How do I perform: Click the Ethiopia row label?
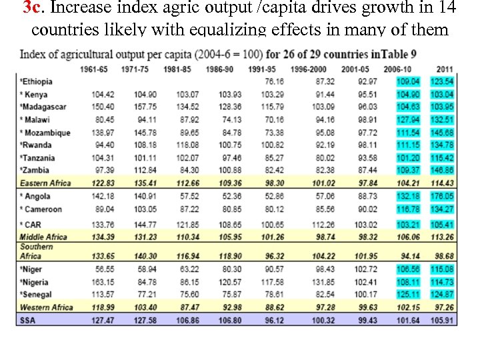click(x=37, y=81)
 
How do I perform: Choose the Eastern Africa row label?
click(x=46, y=183)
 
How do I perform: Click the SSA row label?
click(x=28, y=320)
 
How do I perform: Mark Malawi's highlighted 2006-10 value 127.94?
click(x=407, y=120)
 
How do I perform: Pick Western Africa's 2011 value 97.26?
click(x=443, y=307)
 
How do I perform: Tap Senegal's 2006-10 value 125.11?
click(x=407, y=295)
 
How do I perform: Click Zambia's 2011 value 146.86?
click(x=442, y=171)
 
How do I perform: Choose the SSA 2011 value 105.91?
click(x=442, y=320)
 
